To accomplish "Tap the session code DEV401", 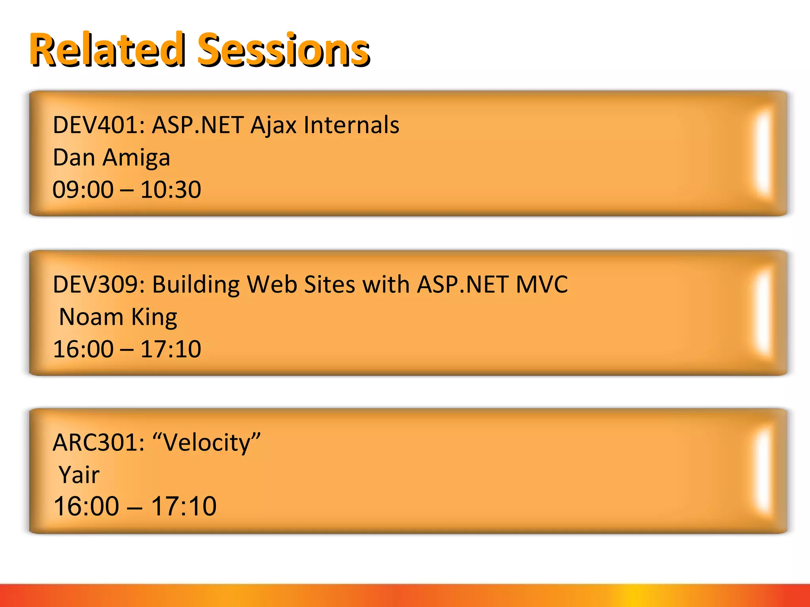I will click(x=95, y=125).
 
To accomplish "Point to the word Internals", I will click(x=351, y=125).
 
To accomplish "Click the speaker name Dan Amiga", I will click(x=111, y=158).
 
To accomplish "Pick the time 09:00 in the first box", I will click(x=83, y=190).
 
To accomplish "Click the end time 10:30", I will click(x=170, y=190).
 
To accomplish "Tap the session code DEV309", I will click(x=95, y=285).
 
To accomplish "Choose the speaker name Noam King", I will click(x=118, y=317).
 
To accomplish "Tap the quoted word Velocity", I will click(x=206, y=443).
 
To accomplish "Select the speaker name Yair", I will click(x=79, y=475).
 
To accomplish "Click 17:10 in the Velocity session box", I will click(x=184, y=507).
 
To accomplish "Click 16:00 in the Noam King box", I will click(x=83, y=349).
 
